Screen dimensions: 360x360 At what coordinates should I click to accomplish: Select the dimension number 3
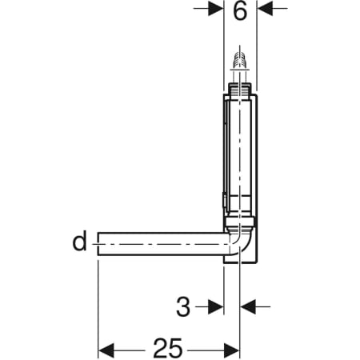click(183, 305)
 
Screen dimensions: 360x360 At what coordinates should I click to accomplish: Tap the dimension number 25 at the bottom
click(168, 348)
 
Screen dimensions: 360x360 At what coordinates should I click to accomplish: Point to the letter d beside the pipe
click(79, 241)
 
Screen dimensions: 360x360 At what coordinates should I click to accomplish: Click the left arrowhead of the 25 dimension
click(106, 349)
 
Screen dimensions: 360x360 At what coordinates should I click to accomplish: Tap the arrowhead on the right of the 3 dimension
click(249, 306)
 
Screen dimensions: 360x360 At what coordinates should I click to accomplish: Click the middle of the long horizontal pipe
click(160, 243)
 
